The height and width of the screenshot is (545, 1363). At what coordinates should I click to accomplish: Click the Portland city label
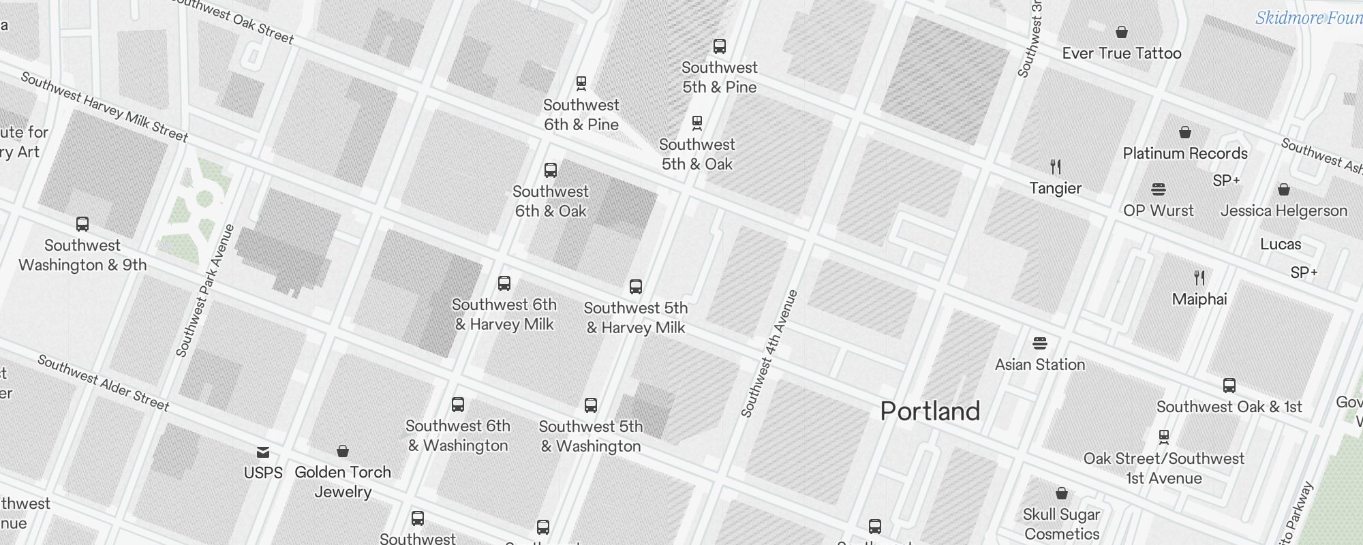pos(930,411)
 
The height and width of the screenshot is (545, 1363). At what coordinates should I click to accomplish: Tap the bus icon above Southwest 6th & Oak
pos(551,170)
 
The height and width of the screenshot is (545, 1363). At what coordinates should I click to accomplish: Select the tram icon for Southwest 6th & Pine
pos(581,84)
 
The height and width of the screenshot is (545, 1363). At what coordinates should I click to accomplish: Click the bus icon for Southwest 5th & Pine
pos(720,46)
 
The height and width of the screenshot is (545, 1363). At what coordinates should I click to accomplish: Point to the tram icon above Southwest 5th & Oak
pos(696,123)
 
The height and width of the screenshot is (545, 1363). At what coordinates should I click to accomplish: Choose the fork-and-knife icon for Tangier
pos(1056,167)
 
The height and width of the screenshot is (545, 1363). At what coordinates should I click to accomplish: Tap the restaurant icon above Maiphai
pos(1199,278)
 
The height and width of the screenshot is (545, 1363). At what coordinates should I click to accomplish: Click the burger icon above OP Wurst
pos(1159,189)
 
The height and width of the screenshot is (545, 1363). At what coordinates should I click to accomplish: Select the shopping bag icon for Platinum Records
pos(1185,132)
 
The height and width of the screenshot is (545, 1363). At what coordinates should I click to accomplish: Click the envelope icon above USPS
pos(263,452)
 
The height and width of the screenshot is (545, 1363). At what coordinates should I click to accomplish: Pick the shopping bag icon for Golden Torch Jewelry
pos(343,451)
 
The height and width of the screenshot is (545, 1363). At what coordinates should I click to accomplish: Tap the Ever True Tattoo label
pos(1121,53)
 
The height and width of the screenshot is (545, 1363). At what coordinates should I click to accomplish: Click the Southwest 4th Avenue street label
pos(769,354)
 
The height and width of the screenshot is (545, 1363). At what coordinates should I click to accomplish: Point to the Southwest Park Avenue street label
pos(204,291)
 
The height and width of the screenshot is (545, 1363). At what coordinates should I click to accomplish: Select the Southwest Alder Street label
pos(103,383)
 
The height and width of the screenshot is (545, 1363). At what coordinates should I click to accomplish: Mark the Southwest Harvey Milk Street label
pos(104,107)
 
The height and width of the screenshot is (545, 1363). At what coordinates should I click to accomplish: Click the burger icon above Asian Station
pos(1040,343)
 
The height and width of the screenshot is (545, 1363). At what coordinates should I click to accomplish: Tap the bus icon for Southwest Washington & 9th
pos(82,224)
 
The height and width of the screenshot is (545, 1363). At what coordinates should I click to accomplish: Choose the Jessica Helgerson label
pos(1284,211)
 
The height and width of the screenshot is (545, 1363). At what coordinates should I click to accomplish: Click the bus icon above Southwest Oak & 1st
pos(1229,386)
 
